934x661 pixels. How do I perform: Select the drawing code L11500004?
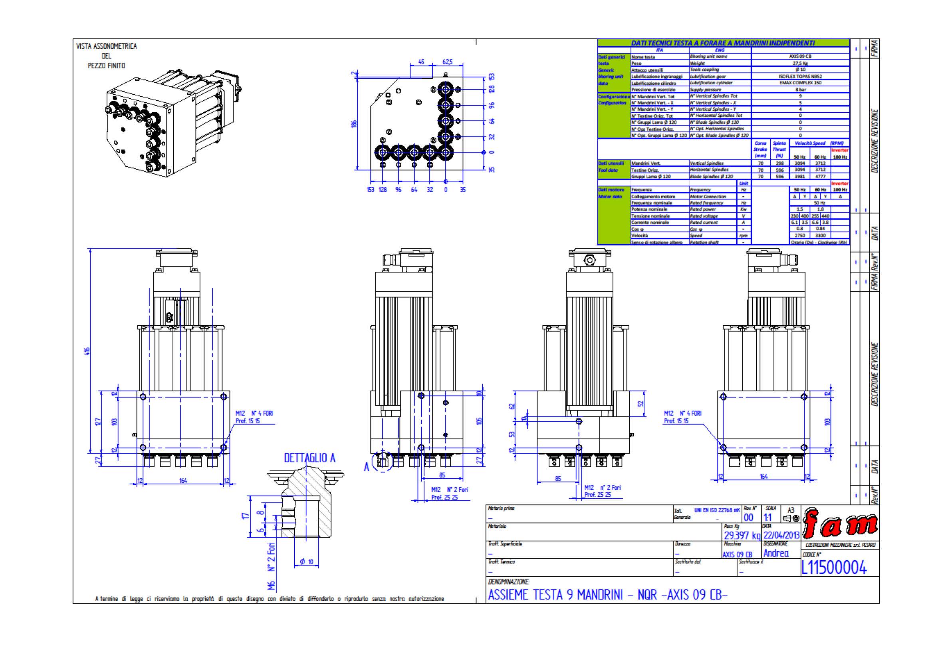tap(833, 567)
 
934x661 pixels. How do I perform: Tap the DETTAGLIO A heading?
tap(309, 458)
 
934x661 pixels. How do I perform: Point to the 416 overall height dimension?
tap(87, 351)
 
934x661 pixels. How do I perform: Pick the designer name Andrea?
tap(776, 553)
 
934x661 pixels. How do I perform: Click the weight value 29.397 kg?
tap(742, 535)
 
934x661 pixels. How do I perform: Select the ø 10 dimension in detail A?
tap(307, 561)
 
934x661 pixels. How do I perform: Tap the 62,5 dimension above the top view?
tap(447, 62)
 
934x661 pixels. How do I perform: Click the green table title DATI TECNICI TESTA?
tap(722, 43)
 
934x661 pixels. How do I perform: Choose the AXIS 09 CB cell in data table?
tap(800, 56)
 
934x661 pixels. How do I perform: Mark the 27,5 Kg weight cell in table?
tap(800, 63)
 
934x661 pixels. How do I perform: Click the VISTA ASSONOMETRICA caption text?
tap(106, 46)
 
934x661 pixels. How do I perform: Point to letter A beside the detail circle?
tap(366, 467)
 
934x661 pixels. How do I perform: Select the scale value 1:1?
tap(767, 517)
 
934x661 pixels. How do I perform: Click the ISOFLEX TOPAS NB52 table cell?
tap(800, 76)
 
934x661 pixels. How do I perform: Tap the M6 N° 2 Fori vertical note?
tap(271, 566)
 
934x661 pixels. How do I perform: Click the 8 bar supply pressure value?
tap(800, 90)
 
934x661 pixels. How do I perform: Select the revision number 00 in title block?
tap(748, 517)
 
